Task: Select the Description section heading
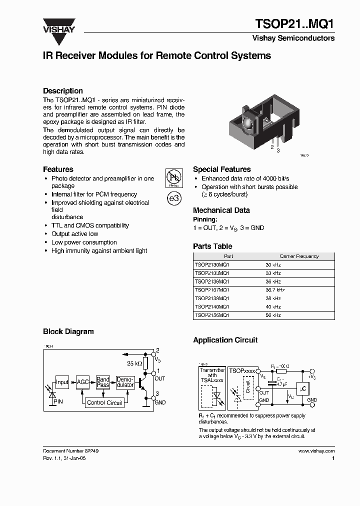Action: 63,90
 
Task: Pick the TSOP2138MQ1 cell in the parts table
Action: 211,298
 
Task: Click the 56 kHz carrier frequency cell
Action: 273,315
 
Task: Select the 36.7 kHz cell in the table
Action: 275,290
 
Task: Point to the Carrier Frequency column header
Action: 299,256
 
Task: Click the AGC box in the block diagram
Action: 83,382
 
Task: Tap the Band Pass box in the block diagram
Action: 103,382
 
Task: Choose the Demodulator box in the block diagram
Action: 125,382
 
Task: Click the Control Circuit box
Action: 104,402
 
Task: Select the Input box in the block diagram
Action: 62,382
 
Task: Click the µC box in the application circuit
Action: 302,388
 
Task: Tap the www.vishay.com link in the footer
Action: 316,450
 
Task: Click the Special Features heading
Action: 221,169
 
